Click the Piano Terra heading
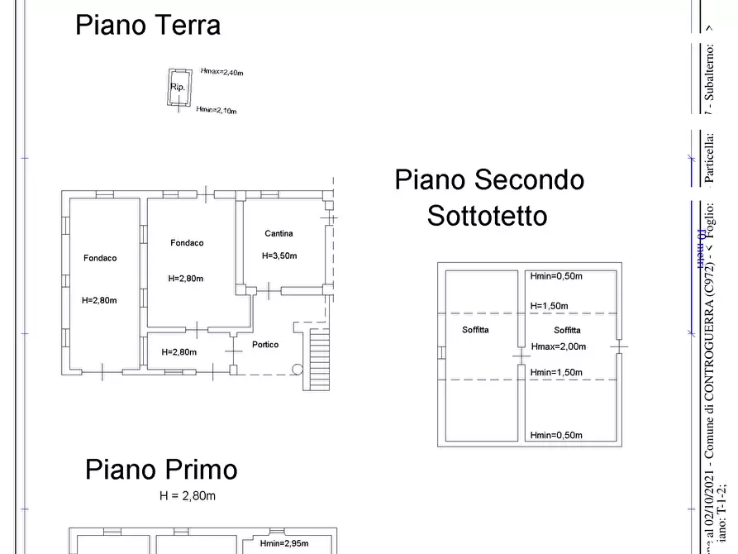click(x=148, y=25)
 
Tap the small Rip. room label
click(x=177, y=87)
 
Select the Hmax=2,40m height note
click(x=221, y=73)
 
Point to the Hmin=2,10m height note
click(x=217, y=110)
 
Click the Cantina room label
click(x=279, y=234)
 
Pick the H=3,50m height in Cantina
click(x=279, y=256)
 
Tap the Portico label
click(x=265, y=345)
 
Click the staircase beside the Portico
click(x=317, y=357)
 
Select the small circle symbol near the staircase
click(x=298, y=370)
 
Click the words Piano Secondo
click(x=489, y=179)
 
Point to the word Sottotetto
click(x=487, y=216)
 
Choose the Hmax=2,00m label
click(x=558, y=346)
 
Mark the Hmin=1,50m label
click(x=556, y=373)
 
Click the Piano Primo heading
click(x=161, y=470)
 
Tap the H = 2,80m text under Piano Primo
click(x=188, y=496)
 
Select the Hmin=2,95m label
click(x=283, y=543)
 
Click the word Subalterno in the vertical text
click(x=709, y=70)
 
